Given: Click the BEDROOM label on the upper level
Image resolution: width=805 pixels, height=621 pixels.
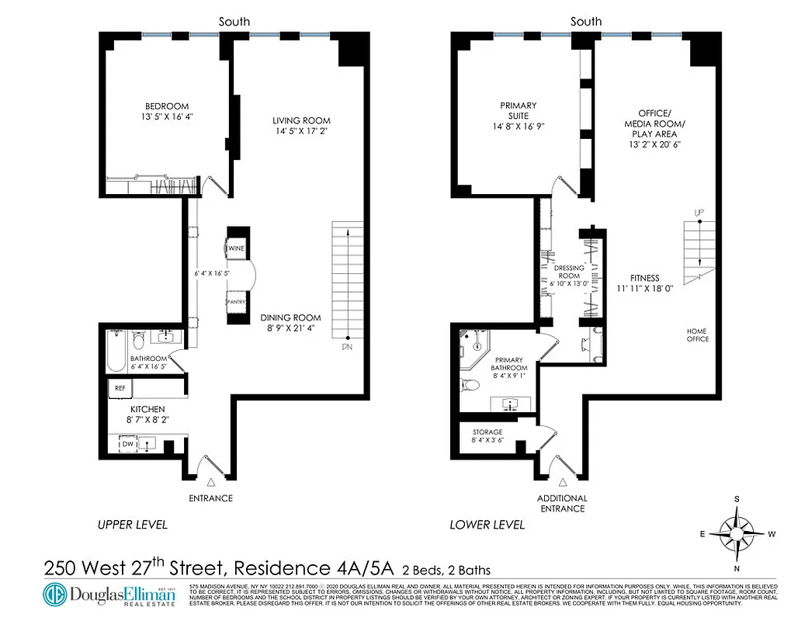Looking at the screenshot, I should [166, 106].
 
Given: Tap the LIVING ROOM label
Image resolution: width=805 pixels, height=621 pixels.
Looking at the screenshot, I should [300, 120].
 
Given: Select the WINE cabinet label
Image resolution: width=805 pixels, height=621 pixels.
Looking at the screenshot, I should [236, 248].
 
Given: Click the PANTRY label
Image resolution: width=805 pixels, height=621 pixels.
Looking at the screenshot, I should [236, 302].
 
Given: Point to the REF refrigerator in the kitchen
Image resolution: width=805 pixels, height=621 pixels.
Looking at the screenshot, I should [120, 387].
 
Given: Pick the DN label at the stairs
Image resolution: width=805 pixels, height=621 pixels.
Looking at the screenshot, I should [346, 348].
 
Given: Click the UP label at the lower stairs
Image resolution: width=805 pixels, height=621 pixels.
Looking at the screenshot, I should [699, 212].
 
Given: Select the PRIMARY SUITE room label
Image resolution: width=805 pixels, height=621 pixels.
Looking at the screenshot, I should [518, 106].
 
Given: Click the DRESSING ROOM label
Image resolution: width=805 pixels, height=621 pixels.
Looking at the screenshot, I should [568, 272].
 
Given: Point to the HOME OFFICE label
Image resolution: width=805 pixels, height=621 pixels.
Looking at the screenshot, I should [697, 334].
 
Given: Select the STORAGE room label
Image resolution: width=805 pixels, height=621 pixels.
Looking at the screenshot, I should [487, 432].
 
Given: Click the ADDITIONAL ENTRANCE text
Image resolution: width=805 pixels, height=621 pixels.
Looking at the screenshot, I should [562, 503].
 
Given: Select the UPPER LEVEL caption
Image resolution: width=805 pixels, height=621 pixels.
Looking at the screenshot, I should [132, 525].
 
